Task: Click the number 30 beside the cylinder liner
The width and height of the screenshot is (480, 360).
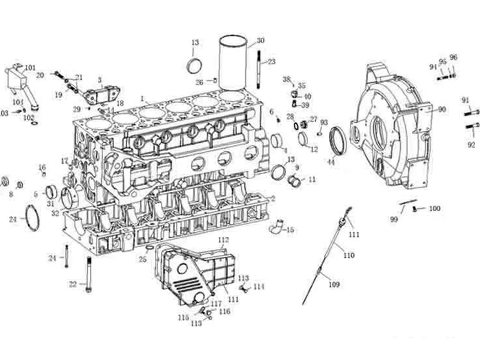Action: click(x=260, y=41)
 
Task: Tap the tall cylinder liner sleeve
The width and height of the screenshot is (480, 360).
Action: click(x=232, y=63)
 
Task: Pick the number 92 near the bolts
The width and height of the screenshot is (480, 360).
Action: click(x=471, y=145)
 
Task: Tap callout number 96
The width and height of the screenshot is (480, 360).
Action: click(x=454, y=57)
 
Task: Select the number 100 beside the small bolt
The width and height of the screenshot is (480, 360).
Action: click(x=434, y=209)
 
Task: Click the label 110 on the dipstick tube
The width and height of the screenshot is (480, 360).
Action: click(x=349, y=255)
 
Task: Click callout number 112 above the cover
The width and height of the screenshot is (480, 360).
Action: click(x=223, y=240)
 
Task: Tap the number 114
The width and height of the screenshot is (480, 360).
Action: click(x=259, y=287)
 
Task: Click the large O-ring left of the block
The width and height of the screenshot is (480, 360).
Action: click(x=32, y=218)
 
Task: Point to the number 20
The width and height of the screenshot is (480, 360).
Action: click(x=40, y=75)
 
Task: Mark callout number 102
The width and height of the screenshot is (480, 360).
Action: click(x=29, y=118)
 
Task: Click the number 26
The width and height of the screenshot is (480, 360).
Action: click(x=199, y=82)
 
